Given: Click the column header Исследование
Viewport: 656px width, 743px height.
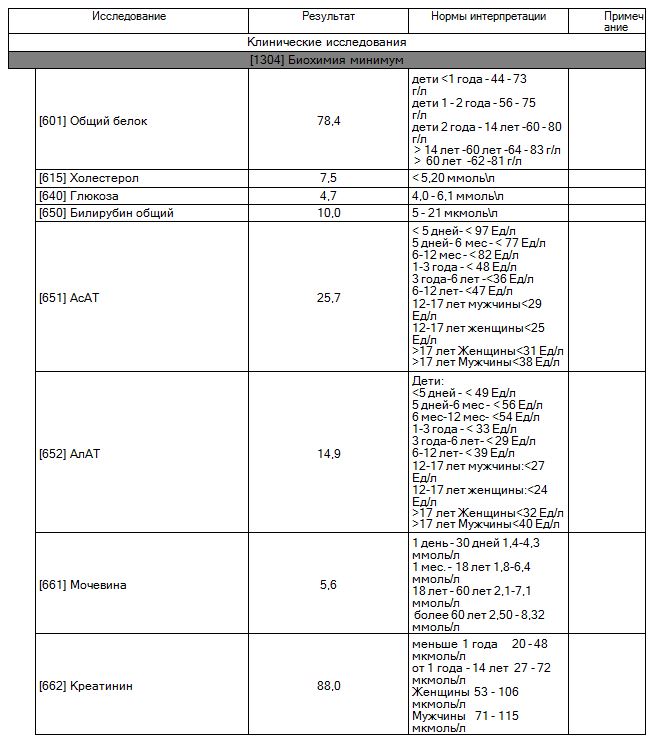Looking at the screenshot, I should point(129,17).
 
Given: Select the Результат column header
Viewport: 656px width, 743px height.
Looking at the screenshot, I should point(329,17).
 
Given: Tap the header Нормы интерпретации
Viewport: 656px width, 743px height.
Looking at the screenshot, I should point(488,17).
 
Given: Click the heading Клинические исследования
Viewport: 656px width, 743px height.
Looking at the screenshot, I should point(327,43).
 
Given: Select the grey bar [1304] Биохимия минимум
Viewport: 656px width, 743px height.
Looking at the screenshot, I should point(327,61).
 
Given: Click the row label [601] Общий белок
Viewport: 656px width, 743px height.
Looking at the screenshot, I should point(93,121).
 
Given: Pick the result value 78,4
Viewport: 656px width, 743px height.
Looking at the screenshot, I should point(329,121).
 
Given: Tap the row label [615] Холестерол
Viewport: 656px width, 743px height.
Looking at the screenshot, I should point(89,178).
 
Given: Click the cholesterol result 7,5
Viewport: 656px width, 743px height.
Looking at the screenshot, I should point(329,178).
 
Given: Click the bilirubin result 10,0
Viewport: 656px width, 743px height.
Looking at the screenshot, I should point(329,213).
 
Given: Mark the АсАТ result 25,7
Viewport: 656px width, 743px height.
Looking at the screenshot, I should point(329,298).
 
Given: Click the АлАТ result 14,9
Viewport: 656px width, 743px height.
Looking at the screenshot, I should point(329,453).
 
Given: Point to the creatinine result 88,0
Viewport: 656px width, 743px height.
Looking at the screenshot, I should point(329,686).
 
